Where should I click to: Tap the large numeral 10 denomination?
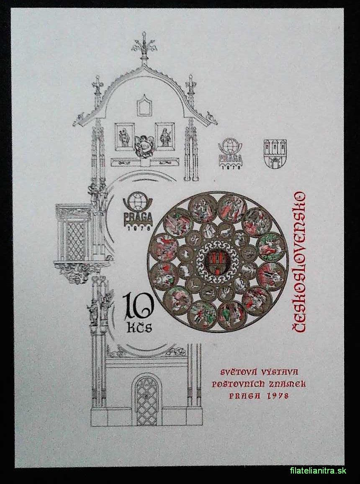point(138,306)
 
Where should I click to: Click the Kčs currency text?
point(140,327)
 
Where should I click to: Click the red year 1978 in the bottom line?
point(276,396)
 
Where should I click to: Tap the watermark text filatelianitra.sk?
point(318,471)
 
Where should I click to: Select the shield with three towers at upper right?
point(275,153)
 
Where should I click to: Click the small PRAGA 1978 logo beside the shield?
point(230,153)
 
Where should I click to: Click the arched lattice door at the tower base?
point(147,400)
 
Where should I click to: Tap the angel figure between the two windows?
point(144,146)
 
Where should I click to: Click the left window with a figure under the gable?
point(125,137)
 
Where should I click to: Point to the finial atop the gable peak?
point(144,46)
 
